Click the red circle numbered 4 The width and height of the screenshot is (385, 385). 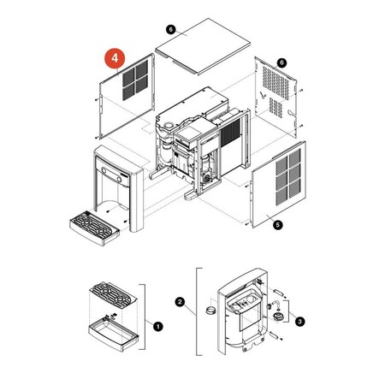tap(115, 58)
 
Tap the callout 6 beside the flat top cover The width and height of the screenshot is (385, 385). tap(170, 29)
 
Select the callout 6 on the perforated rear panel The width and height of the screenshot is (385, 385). tap(281, 62)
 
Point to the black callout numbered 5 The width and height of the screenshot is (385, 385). tap(277, 225)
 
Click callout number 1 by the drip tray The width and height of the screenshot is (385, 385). tap(157, 326)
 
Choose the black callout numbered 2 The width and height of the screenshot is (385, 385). tap(180, 302)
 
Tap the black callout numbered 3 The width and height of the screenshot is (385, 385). tap(299, 322)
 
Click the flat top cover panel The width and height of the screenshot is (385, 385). tap(203, 46)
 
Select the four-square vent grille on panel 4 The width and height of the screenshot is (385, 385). tap(135, 80)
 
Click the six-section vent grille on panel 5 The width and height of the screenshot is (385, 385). tap(288, 177)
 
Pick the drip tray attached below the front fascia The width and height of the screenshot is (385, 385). tap(94, 228)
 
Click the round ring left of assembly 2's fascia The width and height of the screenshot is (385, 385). tap(210, 310)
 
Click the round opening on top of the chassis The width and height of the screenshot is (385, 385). tap(169, 125)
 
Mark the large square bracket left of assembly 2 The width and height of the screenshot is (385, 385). tap(197, 311)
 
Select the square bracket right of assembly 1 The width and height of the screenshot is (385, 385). tap(145, 317)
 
